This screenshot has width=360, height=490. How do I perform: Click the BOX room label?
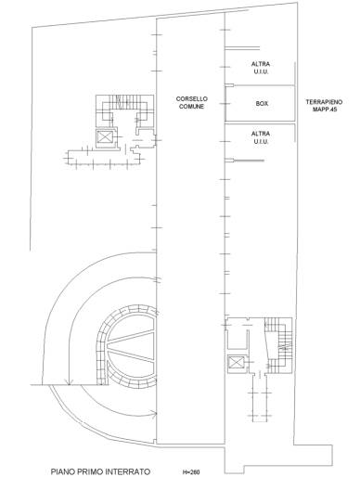click(x=262, y=103)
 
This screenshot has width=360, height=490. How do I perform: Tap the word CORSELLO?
click(x=191, y=99)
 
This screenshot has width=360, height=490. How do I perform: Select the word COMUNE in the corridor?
click(x=191, y=107)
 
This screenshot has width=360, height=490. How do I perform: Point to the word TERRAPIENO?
click(x=324, y=102)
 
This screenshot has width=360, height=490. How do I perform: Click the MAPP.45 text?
click(x=325, y=110)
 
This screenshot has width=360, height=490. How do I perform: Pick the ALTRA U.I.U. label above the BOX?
click(x=261, y=68)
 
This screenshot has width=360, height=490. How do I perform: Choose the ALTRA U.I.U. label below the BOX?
click(x=261, y=137)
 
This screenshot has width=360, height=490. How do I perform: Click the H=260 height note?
click(x=191, y=472)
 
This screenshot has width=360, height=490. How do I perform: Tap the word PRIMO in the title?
click(x=89, y=471)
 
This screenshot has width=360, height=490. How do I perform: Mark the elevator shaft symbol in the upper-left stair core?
click(x=104, y=136)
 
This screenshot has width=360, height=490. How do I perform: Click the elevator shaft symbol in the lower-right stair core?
click(x=236, y=362)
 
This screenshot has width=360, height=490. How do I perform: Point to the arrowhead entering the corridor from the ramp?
click(x=154, y=414)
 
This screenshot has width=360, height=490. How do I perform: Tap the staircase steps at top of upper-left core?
click(x=124, y=102)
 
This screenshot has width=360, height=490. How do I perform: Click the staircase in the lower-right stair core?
click(x=279, y=345)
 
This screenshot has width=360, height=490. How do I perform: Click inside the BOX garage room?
click(x=260, y=103)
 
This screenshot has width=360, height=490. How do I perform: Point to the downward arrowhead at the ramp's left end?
click(x=69, y=381)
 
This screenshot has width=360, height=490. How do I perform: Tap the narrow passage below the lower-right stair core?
click(x=260, y=397)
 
